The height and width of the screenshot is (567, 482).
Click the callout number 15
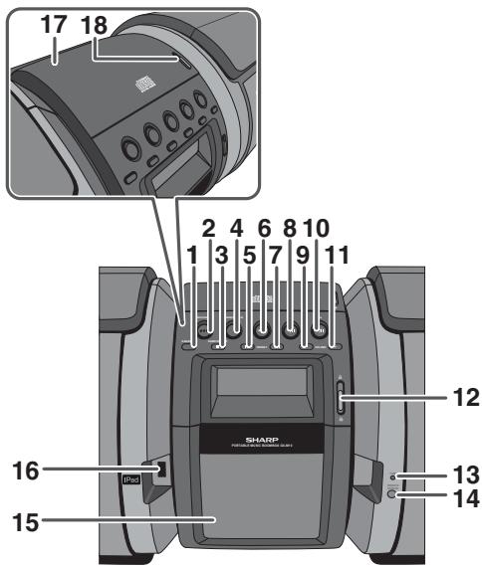[x=21, y=518]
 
